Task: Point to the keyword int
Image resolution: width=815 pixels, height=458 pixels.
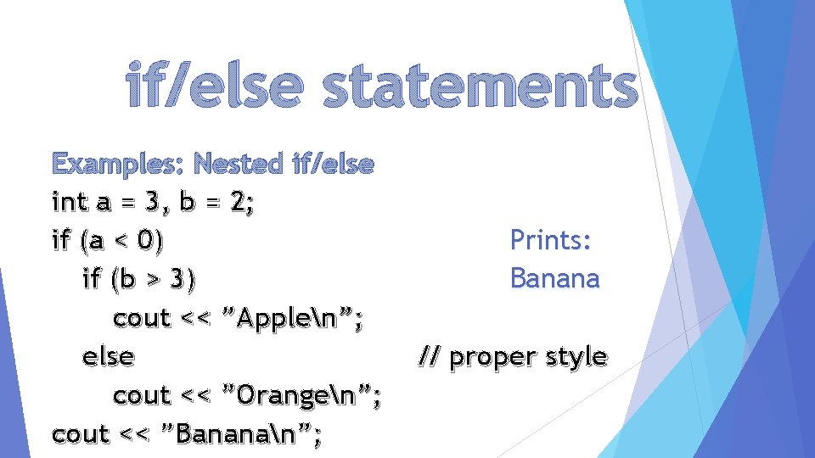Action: [x=70, y=203]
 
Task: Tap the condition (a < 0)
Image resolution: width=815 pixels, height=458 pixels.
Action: [x=120, y=241]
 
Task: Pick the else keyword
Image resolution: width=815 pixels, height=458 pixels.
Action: [x=108, y=356]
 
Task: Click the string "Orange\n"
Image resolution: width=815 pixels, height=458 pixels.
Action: [x=301, y=395]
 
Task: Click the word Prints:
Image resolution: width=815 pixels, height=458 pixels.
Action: [x=551, y=241]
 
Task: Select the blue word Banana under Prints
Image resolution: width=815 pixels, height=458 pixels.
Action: [x=554, y=278]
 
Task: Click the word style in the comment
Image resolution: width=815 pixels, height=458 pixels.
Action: [x=576, y=357]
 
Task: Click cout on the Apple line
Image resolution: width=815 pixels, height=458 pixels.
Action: [x=142, y=318]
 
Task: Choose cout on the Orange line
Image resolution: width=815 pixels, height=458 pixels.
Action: [x=142, y=395]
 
